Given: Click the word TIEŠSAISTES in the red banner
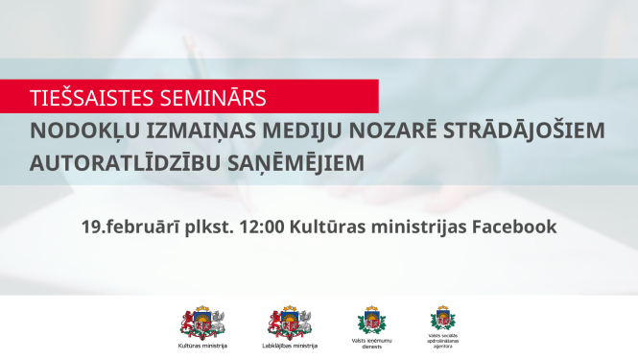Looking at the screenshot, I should (85, 98).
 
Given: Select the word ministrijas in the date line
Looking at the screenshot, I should (415, 228).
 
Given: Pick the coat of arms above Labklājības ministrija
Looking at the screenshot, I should (289, 322).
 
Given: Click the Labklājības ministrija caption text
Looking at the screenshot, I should (289, 345).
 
